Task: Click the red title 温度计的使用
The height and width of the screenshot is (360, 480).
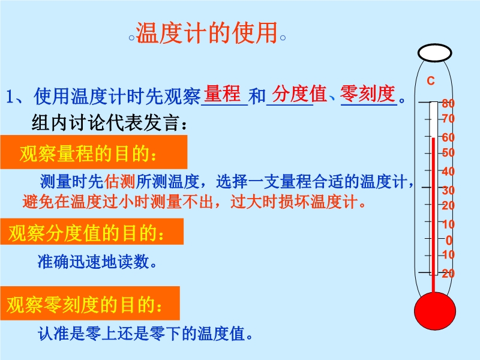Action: (x=206, y=32)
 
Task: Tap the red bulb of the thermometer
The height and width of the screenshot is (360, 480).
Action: (x=434, y=311)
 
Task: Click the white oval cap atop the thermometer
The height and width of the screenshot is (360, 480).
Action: (x=434, y=53)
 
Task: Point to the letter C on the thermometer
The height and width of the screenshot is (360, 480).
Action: (x=431, y=81)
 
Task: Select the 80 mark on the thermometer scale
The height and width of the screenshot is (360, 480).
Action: (x=448, y=103)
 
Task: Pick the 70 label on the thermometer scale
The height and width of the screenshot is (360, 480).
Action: (x=448, y=118)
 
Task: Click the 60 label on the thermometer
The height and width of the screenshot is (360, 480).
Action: (x=448, y=137)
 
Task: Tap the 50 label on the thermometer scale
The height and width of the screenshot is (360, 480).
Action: (x=448, y=152)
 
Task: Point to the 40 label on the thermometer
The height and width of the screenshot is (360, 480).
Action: (x=448, y=172)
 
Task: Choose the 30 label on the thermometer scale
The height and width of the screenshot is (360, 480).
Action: (x=448, y=190)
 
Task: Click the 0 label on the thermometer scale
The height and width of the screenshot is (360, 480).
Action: (x=449, y=241)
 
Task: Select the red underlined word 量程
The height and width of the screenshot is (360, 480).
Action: (x=222, y=94)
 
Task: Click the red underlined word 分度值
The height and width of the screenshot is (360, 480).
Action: (x=299, y=94)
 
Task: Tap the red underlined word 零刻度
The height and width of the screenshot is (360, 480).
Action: (x=368, y=94)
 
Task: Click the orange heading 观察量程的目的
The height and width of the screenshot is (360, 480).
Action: (x=88, y=153)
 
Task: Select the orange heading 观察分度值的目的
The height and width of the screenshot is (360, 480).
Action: (x=86, y=233)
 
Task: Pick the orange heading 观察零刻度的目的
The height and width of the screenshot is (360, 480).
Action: (x=85, y=305)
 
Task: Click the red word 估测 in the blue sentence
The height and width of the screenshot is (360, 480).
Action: (x=119, y=181)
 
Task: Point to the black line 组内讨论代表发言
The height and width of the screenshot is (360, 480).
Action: (x=109, y=123)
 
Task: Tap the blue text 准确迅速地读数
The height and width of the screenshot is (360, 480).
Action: (x=97, y=262)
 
